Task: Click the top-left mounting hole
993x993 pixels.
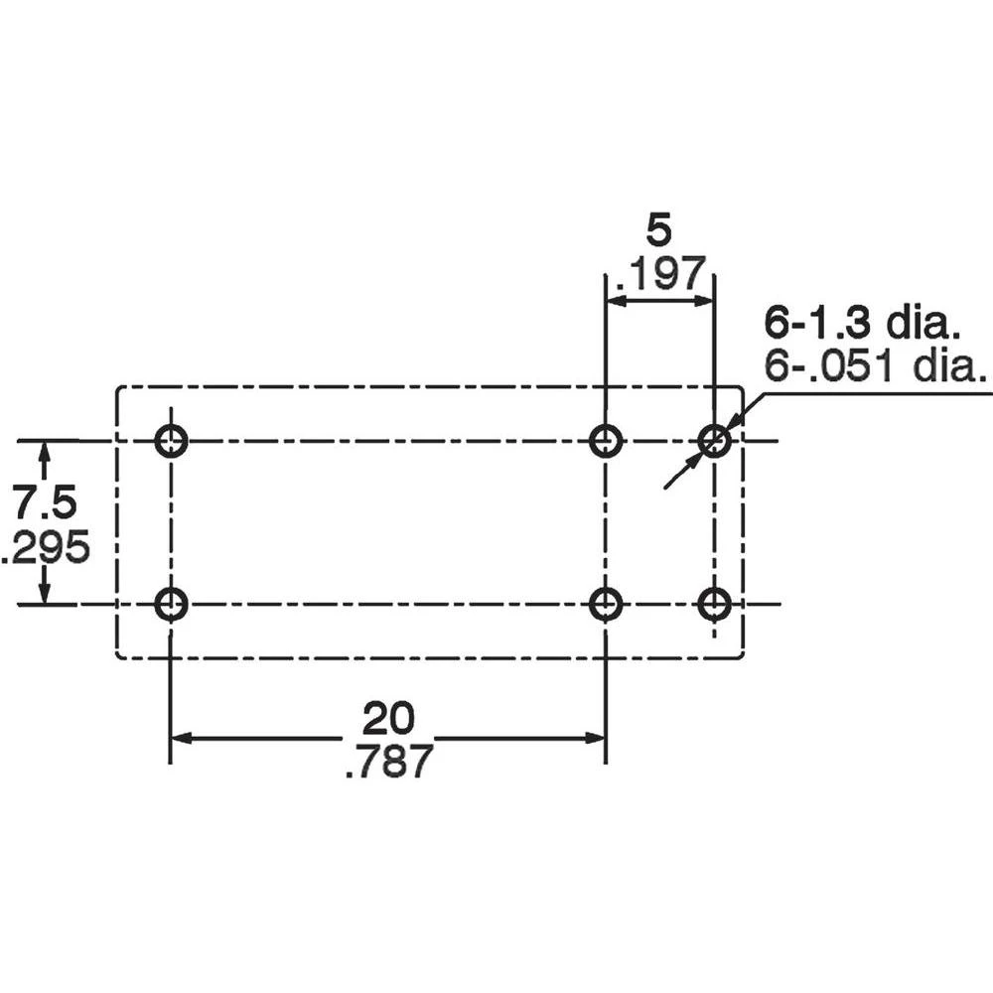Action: tap(171, 441)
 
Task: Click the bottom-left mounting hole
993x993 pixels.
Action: tap(171, 604)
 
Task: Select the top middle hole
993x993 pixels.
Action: tap(605, 441)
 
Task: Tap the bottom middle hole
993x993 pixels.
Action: tap(605, 604)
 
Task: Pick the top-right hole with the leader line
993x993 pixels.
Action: tap(714, 441)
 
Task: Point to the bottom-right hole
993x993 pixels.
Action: tap(714, 604)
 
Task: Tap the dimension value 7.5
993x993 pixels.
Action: tap(44, 504)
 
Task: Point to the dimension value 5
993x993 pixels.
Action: tap(658, 230)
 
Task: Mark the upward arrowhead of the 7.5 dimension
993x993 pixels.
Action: tap(44, 452)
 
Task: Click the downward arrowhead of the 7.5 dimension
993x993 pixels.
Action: tap(44, 593)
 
